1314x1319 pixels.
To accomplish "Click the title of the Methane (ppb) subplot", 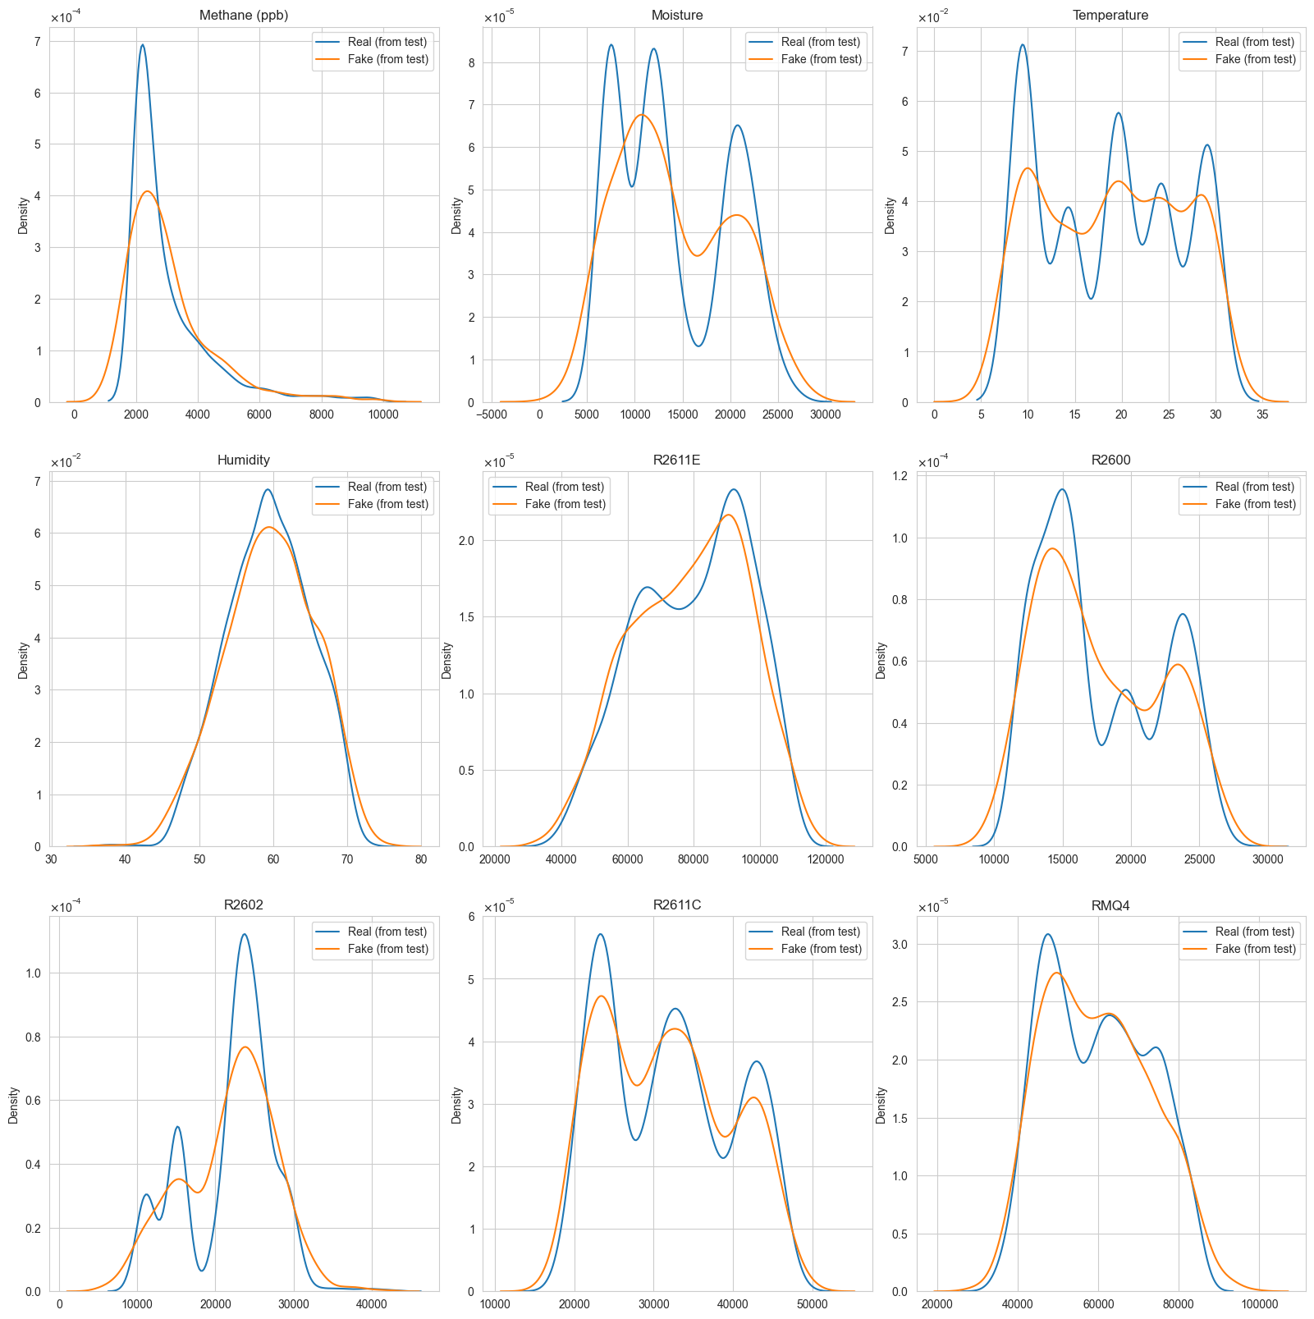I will click(244, 16).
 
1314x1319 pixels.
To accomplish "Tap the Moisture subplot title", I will click(677, 16).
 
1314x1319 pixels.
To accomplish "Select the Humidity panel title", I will click(244, 460).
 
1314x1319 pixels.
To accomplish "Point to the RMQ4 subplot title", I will click(1110, 905).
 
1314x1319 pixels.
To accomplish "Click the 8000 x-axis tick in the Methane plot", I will click(321, 414).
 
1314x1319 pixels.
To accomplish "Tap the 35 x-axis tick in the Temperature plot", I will click(1262, 414).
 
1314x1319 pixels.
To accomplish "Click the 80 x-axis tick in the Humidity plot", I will click(421, 859).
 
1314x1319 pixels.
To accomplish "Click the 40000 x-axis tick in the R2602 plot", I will click(371, 1304).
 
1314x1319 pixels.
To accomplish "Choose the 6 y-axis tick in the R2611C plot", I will click(474, 917).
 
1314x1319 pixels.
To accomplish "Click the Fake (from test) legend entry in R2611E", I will click(565, 504).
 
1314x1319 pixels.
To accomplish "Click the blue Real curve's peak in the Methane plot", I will click(143, 45).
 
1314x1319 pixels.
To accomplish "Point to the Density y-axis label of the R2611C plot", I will click(457, 1105).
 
